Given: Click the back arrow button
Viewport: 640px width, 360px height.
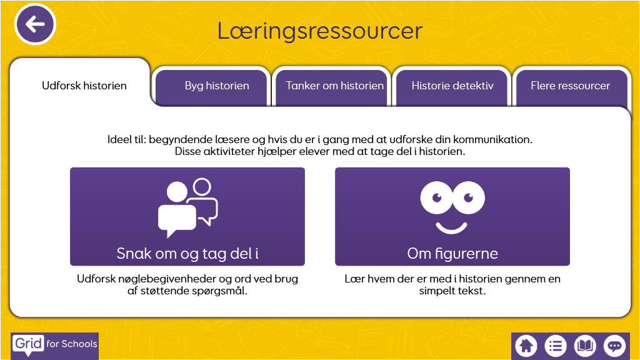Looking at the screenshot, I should coord(36,24).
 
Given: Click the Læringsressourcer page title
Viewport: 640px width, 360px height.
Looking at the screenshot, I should coord(319,31).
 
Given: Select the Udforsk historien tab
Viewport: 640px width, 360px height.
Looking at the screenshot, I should coord(84,86).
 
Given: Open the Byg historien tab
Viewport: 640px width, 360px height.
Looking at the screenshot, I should coord(217,86).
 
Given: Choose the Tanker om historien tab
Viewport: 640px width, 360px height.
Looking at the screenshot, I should coord(334,86).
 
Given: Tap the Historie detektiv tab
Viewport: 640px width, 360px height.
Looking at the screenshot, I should coord(452,86).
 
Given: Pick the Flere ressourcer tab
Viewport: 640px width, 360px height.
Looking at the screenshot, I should coord(570,86).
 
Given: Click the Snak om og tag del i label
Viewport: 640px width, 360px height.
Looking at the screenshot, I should coord(187,253).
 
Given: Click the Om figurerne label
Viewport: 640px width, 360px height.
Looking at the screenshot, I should coord(452,253).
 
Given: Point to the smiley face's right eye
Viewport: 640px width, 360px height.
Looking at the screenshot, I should coord(468,197).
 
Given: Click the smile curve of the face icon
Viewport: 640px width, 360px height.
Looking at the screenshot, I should coord(452,225).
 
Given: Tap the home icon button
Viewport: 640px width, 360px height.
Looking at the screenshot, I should coord(526,345).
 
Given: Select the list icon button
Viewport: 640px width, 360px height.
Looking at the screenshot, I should coord(556,345).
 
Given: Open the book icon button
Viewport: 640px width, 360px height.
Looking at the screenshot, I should coord(585,345).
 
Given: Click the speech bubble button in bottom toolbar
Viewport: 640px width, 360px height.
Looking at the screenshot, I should coord(614,345).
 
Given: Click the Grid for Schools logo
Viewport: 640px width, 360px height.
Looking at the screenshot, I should coord(55,344).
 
